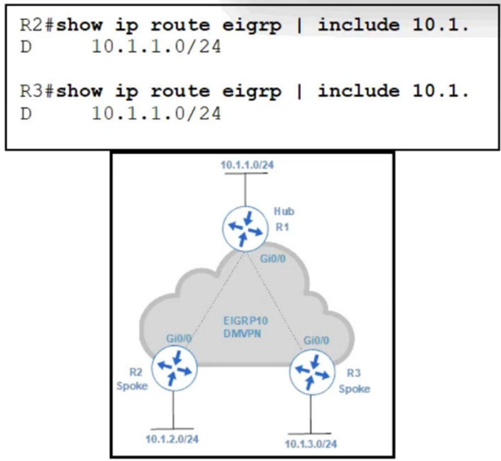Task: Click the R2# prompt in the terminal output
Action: (38, 25)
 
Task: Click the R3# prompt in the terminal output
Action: (38, 91)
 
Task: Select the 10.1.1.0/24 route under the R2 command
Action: (156, 47)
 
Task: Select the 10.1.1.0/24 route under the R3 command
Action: (156, 113)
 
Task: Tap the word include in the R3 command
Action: (358, 91)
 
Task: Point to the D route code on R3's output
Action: (26, 113)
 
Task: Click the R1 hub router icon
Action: (245, 229)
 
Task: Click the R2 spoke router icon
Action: (174, 368)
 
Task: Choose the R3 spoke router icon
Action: (312, 372)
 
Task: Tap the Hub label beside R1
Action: (284, 211)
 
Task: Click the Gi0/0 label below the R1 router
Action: (273, 259)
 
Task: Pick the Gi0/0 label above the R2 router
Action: (179, 338)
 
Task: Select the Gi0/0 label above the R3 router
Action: (316, 340)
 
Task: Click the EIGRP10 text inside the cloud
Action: (245, 321)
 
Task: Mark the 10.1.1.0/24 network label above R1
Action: (247, 165)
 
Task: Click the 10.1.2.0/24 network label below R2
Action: (172, 439)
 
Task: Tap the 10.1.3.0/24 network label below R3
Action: (310, 444)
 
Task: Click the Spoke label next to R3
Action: (355, 389)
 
